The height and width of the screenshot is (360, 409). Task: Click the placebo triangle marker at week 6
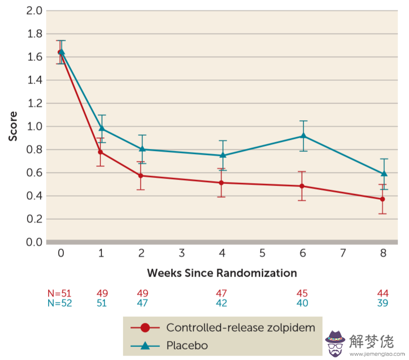303,136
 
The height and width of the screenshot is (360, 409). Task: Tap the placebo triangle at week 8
384,173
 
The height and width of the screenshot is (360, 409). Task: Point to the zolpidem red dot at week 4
222,183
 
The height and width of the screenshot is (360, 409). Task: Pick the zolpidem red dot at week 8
382,199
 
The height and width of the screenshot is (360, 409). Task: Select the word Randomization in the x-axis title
256,273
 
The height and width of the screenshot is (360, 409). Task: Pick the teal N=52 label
59,303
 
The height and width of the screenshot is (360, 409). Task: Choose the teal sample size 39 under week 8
383,303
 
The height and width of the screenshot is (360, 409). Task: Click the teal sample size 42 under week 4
222,303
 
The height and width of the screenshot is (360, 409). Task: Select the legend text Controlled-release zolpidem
241,328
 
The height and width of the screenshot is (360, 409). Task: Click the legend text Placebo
187,345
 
